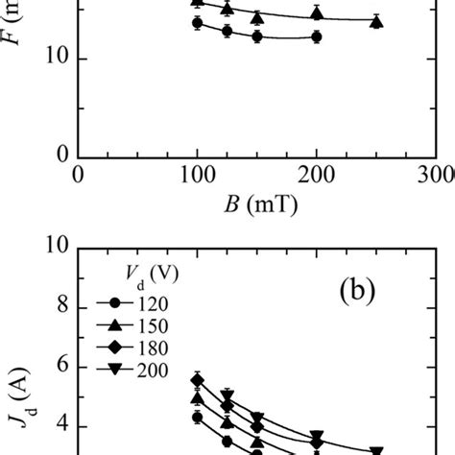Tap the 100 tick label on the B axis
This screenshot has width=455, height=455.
tap(196, 175)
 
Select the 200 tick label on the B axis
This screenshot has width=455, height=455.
tap(316, 175)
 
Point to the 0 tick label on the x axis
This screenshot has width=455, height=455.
tap(77, 175)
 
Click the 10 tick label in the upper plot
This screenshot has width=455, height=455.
tap(54, 60)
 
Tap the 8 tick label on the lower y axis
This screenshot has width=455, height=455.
tap(61, 306)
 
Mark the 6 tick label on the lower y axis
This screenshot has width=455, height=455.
tap(61, 366)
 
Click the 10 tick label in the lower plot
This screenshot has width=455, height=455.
tap(54, 247)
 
